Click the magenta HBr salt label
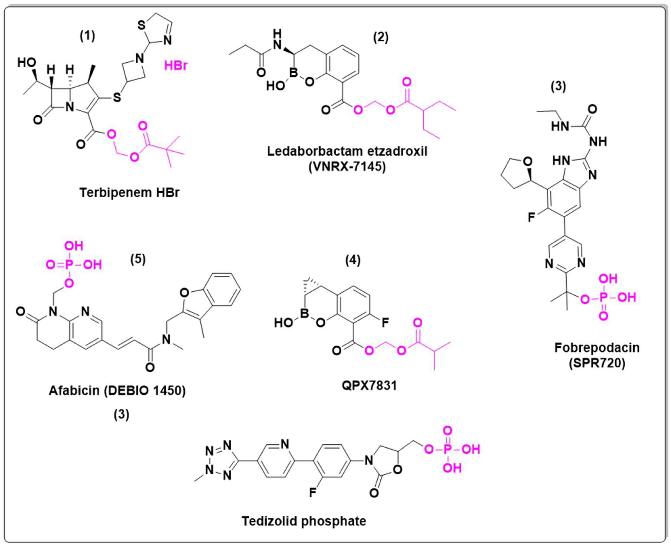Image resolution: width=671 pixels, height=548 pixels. [176, 66]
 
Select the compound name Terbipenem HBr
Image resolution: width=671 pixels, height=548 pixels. [129, 192]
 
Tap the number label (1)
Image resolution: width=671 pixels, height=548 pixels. [87, 36]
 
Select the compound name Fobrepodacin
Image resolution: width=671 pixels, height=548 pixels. [597, 348]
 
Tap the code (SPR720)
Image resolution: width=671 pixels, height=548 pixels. [597, 363]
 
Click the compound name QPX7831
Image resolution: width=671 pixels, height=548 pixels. [369, 386]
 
